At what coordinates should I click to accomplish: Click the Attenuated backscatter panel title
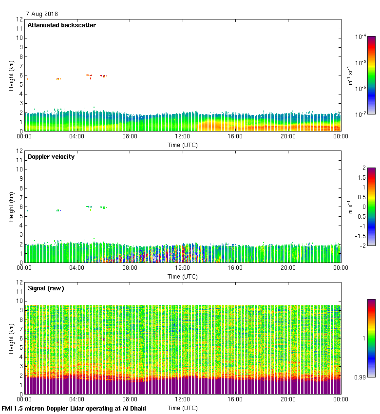(x=61, y=25)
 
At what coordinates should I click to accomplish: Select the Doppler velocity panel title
(x=51, y=157)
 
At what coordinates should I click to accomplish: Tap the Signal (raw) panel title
(x=46, y=288)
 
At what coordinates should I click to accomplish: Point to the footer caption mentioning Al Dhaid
(x=74, y=408)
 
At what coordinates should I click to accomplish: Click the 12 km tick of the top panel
(x=20, y=19)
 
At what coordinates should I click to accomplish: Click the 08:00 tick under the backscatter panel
(x=130, y=136)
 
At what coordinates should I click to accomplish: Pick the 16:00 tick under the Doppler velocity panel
(x=235, y=268)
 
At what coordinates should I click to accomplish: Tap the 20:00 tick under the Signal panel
(x=288, y=399)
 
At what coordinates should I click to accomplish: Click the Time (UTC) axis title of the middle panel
(x=183, y=276)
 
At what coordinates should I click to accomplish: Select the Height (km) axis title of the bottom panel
(x=11, y=339)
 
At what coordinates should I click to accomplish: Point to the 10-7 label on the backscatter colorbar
(x=361, y=114)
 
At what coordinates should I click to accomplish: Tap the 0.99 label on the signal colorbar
(x=361, y=377)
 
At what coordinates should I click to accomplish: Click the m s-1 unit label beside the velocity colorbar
(x=350, y=207)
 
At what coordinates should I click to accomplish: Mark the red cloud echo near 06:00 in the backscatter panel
(x=103, y=75)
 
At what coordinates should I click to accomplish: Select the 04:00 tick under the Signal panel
(x=77, y=399)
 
